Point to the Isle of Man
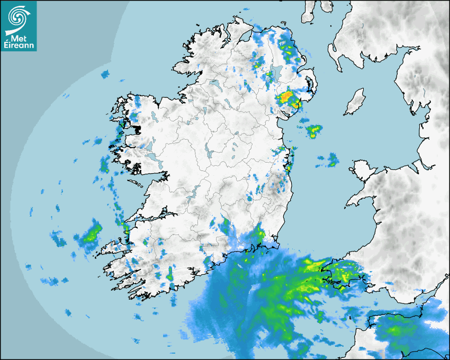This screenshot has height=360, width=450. (355, 102)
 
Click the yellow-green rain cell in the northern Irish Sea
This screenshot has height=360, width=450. (314, 130)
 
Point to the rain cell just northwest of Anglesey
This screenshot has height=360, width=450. (332, 159)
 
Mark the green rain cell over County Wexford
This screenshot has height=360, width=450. (259, 232)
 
